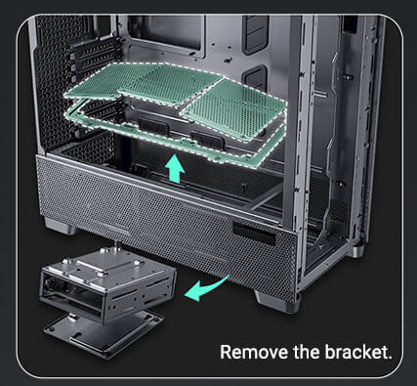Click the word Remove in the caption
click(255, 352)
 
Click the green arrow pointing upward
click(175, 168)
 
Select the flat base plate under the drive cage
click(104, 335)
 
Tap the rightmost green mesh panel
click(233, 109)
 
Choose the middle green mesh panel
click(172, 85)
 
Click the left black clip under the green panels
click(153, 126)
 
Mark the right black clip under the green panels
click(207, 140)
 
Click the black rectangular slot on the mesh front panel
click(254, 234)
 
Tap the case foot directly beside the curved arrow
click(274, 301)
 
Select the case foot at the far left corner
click(61, 227)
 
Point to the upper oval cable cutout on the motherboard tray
click(256, 34)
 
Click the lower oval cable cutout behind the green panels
click(255, 77)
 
